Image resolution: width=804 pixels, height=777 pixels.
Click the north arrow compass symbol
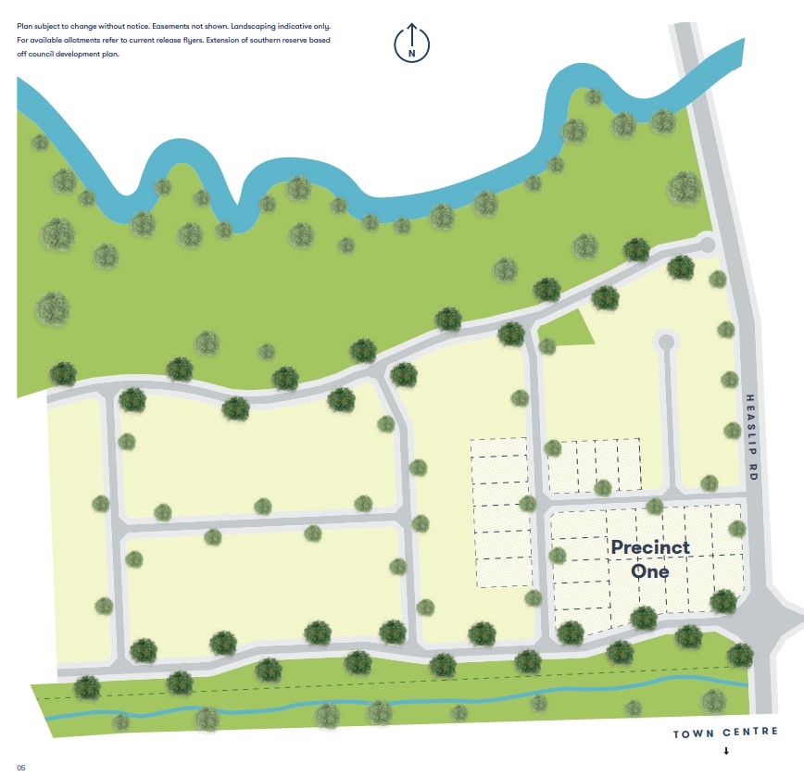(x=411, y=43)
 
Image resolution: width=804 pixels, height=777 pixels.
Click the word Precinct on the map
(x=650, y=547)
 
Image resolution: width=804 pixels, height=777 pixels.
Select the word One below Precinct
(x=650, y=570)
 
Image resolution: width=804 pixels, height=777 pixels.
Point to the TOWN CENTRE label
(x=725, y=733)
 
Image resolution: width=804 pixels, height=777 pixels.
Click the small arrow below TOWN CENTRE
(x=726, y=751)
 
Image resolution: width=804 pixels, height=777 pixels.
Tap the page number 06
(x=21, y=767)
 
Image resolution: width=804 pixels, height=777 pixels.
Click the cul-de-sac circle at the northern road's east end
(x=707, y=244)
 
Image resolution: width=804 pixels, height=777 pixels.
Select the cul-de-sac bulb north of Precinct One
(x=665, y=342)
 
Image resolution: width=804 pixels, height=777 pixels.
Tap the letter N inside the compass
(x=411, y=53)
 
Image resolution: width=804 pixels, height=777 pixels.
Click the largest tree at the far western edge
(x=53, y=307)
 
